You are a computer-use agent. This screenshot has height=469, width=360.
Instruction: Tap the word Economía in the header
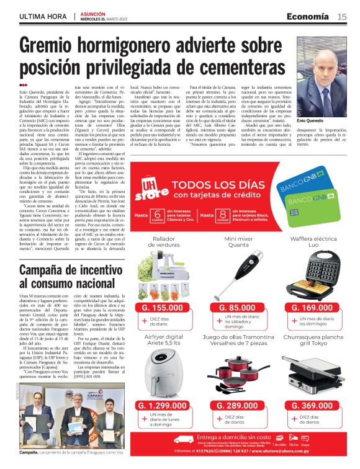click(308, 16)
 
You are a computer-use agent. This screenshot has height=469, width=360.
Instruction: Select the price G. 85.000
click(236, 307)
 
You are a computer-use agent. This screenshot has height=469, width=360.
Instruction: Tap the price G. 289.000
click(236, 405)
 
